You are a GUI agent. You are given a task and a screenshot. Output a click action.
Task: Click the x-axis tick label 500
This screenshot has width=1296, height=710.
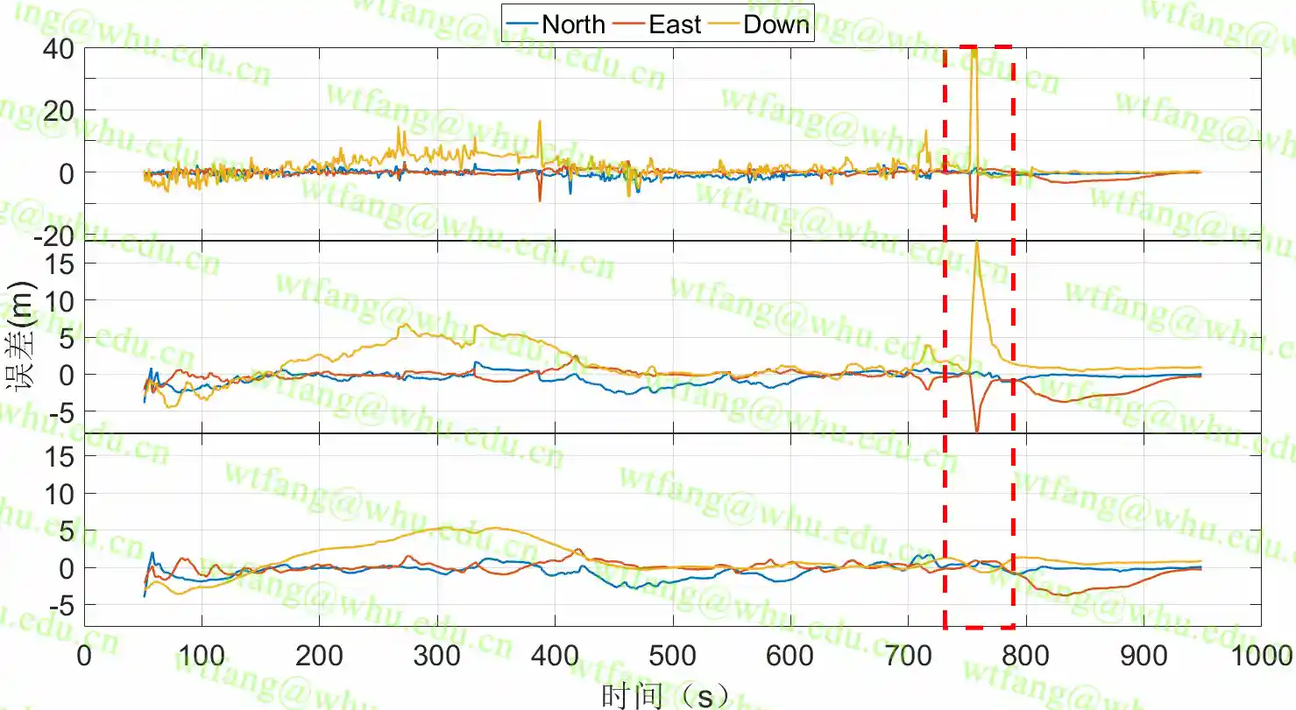(673, 656)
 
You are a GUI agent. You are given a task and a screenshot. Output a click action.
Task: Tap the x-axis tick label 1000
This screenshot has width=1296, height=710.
(1260, 656)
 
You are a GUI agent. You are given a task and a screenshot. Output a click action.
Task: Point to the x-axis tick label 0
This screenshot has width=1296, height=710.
(84, 656)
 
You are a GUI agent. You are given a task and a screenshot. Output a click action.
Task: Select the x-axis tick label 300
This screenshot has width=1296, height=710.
(437, 656)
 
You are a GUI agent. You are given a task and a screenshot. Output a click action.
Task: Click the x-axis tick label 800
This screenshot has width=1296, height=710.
(1026, 656)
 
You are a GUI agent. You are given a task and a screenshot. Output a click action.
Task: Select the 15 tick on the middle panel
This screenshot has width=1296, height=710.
(57, 263)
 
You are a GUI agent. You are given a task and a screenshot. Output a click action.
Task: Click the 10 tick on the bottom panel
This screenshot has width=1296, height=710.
(57, 494)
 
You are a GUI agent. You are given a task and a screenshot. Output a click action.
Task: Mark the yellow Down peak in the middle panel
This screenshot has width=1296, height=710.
(976, 243)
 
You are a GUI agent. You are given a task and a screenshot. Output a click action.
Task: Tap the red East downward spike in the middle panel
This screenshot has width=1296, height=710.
(977, 430)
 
